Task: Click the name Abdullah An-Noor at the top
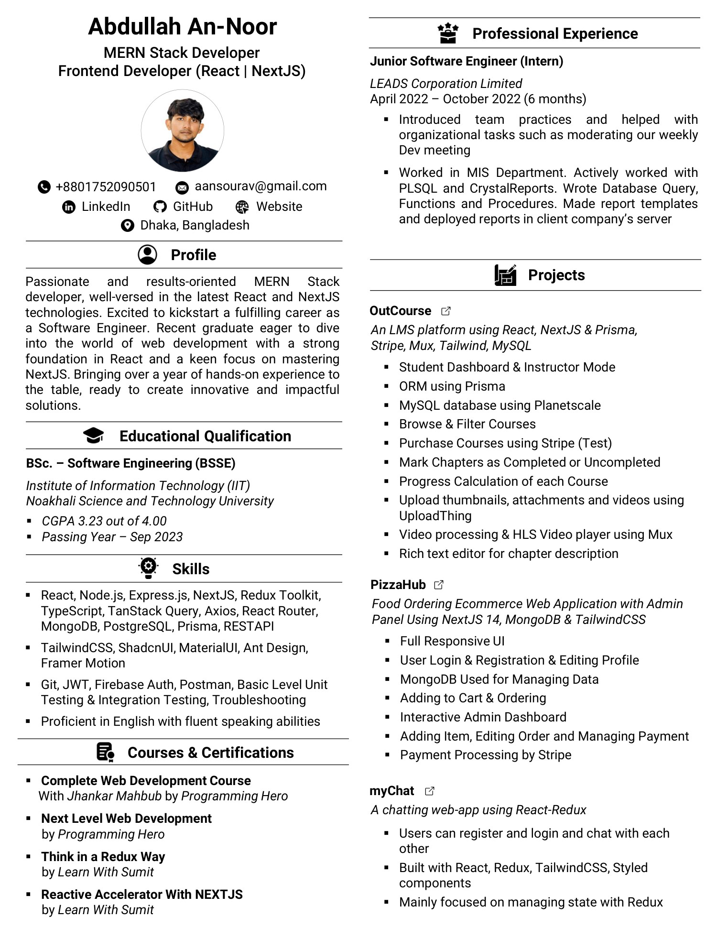pos(182,26)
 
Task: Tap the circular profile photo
pos(182,131)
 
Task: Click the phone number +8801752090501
pos(106,186)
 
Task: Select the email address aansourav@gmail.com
pos(261,186)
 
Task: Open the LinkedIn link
pos(106,207)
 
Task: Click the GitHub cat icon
pos(160,207)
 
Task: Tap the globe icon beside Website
pos(242,207)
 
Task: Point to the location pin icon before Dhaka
pos(127,225)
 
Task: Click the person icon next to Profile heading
pos(147,255)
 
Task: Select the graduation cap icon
pos(93,436)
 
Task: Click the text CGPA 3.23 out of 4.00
pos(104,521)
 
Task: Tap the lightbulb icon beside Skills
pos(148,568)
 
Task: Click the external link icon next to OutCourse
pos(445,311)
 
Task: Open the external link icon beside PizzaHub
pos(439,585)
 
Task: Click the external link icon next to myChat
pos(429,791)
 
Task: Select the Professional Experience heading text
pos(554,33)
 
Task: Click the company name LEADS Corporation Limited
pos(445,84)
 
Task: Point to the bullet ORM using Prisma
pos(452,386)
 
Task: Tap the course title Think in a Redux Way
pos(103,856)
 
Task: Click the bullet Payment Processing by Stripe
pos(485,755)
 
